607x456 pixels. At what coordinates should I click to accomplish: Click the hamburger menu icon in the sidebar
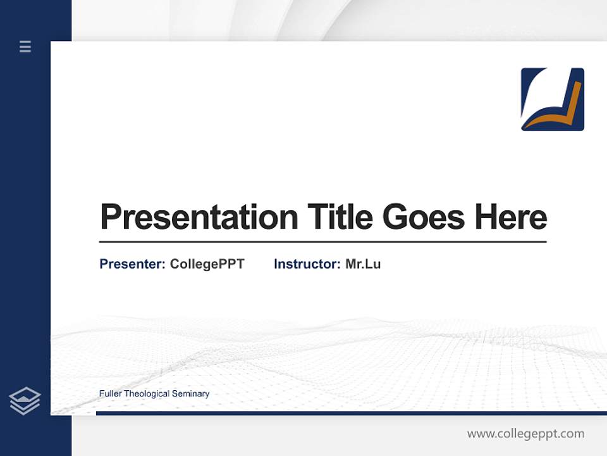(x=25, y=46)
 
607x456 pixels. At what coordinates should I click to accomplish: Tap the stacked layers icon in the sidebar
(x=25, y=401)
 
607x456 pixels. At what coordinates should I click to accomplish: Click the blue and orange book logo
(x=552, y=99)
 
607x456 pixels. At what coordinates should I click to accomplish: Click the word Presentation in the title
(x=199, y=217)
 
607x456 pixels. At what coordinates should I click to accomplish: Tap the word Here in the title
(x=511, y=217)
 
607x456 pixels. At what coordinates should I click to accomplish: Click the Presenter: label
(x=133, y=264)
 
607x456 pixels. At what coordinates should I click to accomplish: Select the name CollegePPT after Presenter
(x=207, y=264)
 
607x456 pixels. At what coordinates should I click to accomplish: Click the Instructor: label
(x=307, y=264)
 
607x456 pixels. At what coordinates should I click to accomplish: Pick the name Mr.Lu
(x=363, y=264)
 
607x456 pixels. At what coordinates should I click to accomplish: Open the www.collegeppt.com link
(x=525, y=434)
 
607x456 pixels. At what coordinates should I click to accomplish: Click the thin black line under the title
(x=322, y=242)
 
